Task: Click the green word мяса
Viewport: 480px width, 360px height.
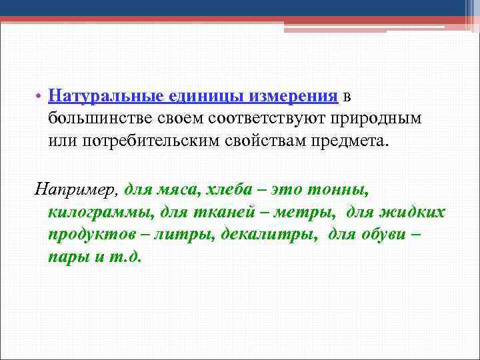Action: (x=178, y=190)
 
